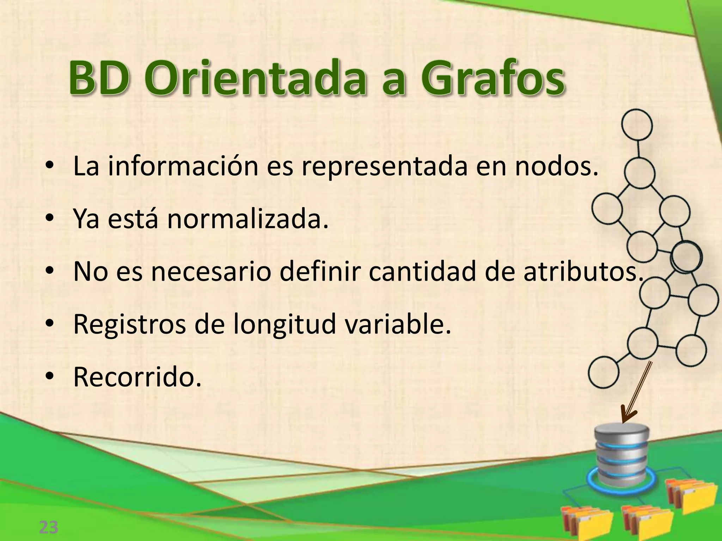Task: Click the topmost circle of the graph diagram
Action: (x=637, y=125)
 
